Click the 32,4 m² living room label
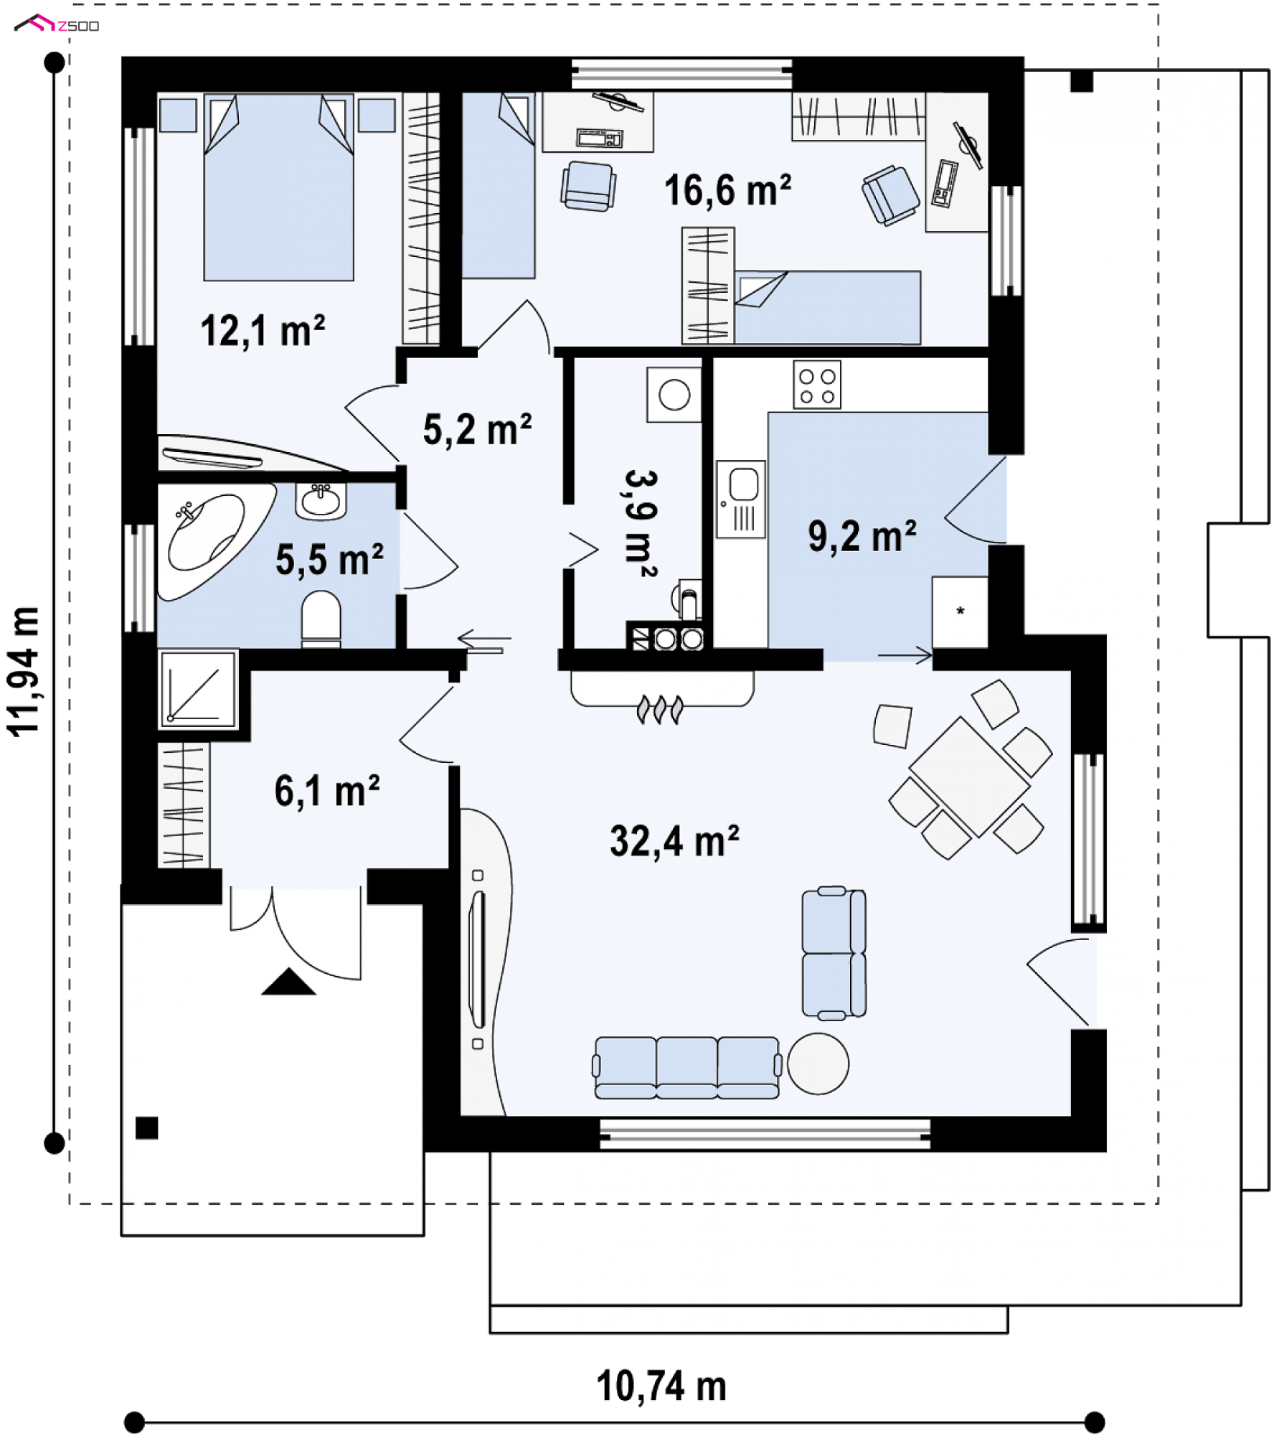(674, 841)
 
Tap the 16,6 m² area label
(727, 191)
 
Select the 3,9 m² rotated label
(641, 524)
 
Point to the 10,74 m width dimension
(661, 1386)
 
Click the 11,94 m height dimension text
(24, 672)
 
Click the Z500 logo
(57, 24)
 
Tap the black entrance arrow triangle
(288, 981)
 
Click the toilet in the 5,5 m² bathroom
(321, 619)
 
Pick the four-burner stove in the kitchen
(816, 385)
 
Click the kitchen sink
(741, 499)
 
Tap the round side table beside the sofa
(818, 1064)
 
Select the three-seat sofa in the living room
(687, 1068)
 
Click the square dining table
(970, 777)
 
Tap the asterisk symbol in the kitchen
(960, 611)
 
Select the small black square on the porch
(146, 1128)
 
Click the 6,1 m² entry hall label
(326, 791)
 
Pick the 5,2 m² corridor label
(477, 429)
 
